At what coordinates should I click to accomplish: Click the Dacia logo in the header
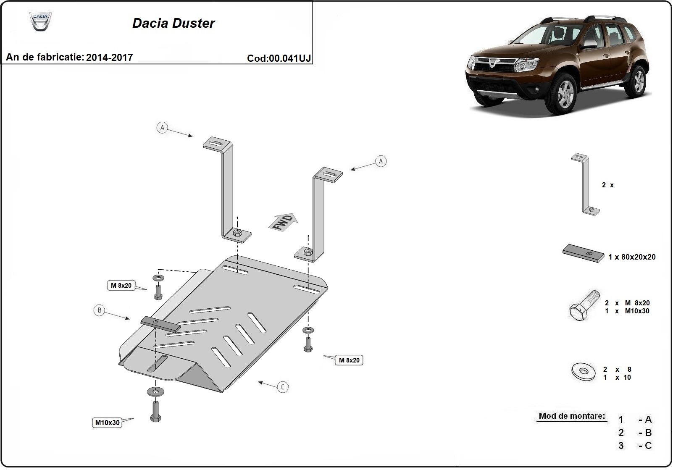pos(40,21)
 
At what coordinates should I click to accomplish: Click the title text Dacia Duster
pos(174,23)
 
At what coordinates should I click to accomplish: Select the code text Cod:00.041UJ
pos(279,58)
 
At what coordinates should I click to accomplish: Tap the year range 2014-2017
pos(109,58)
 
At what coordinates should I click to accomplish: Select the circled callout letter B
pos(99,310)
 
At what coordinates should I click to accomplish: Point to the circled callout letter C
pos(283,387)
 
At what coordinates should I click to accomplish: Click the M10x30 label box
pos(107,423)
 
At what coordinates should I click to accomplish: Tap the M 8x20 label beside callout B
pos(121,286)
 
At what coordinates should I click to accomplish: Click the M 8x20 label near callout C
pos(349,360)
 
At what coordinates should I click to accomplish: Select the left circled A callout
pos(162,127)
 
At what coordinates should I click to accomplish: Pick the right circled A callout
pos(381,161)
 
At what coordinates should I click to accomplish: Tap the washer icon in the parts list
pos(583,372)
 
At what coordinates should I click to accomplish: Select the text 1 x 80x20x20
pos(631,257)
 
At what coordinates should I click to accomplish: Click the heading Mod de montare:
pos(572,416)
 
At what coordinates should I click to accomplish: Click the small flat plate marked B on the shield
pos(160,324)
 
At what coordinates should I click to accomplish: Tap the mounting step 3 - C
pos(635,446)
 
